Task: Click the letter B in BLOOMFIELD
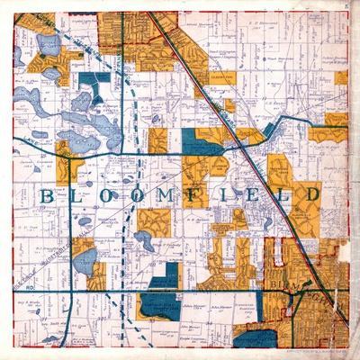coord(46,195)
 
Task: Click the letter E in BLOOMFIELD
coord(255,195)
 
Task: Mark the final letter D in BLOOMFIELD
coord(310,195)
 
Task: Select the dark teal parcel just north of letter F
coord(200,144)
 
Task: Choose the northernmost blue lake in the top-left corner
coord(48,42)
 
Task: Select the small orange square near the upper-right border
coord(341,78)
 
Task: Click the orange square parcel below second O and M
coord(153,221)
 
